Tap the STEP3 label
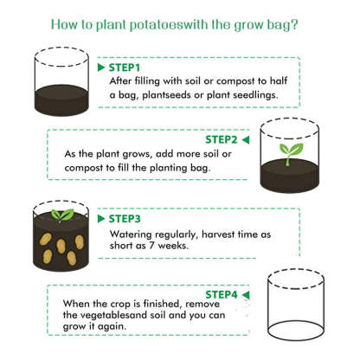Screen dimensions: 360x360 [125, 219]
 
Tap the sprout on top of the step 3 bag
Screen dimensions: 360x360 [61, 214]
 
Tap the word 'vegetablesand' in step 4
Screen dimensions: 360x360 [103, 317]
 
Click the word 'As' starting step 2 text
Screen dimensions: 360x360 [72, 153]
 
